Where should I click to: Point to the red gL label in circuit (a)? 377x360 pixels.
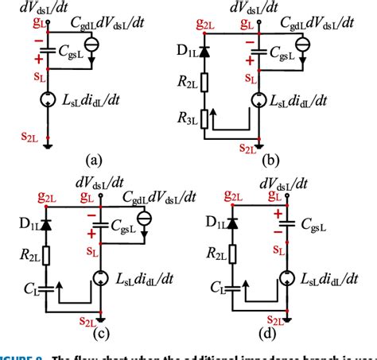(x=35, y=24)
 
